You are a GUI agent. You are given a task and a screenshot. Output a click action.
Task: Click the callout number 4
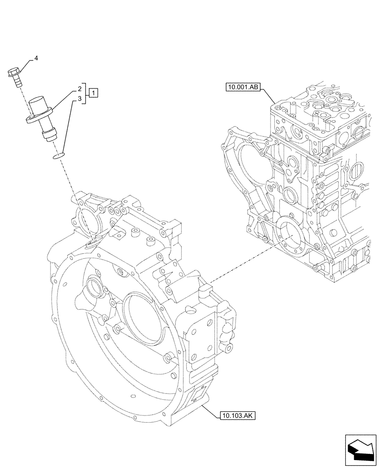(x=36, y=58)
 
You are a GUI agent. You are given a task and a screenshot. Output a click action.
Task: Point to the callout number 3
(x=80, y=99)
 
